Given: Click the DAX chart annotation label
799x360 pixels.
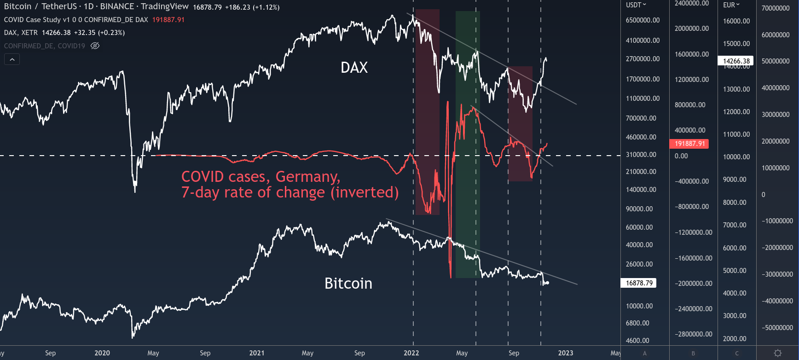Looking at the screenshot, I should (354, 68).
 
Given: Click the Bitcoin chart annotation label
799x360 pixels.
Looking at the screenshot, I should (348, 283).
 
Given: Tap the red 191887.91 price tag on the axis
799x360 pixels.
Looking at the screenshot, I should (689, 144).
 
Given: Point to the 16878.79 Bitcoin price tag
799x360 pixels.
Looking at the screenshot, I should (639, 283).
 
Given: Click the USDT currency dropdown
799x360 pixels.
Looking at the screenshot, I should (636, 5).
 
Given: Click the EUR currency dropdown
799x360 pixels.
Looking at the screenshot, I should (731, 5).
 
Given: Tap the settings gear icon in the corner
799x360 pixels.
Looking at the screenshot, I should (777, 353).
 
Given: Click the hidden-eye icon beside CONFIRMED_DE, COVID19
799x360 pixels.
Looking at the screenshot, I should (95, 46).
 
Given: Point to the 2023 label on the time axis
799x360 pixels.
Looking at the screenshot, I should (565, 353).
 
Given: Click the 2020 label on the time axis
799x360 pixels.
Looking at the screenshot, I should (102, 353).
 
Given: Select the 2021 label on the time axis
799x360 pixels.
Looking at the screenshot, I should (257, 353).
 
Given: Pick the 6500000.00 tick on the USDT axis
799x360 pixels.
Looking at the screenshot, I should (643, 20).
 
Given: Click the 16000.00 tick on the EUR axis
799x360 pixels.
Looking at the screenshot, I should (736, 21).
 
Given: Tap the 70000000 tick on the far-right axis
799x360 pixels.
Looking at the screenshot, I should (776, 8).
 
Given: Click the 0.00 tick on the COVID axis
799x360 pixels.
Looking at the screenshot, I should (681, 156).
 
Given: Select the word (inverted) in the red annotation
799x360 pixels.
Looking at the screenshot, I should (365, 192).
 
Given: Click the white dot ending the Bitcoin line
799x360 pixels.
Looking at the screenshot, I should (547, 283).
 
